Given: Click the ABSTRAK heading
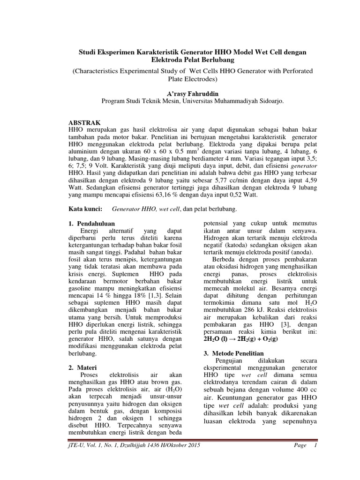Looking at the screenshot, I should pos(85,122).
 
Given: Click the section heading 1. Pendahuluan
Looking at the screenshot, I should pos(91,224).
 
